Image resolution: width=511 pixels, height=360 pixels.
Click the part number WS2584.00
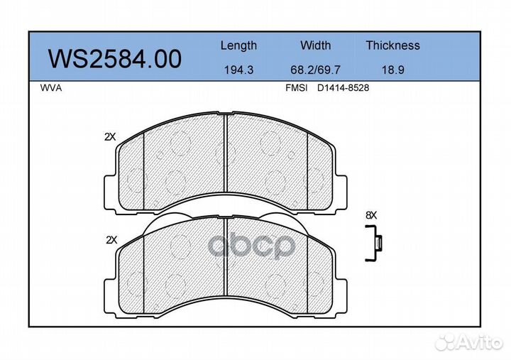tap(115, 59)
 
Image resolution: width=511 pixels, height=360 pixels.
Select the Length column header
tap(238, 45)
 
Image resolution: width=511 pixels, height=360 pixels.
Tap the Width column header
tap(315, 45)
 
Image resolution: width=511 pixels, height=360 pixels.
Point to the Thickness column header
tap(392, 45)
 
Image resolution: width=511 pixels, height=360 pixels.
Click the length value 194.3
tap(238, 70)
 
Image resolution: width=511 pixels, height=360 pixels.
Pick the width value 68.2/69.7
tap(315, 70)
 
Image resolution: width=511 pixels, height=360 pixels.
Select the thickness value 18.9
tap(392, 70)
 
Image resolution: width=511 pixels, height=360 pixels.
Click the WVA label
tap(51, 88)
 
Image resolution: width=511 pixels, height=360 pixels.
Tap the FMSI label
tap(296, 88)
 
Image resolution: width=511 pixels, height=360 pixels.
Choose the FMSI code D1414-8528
tap(344, 88)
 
